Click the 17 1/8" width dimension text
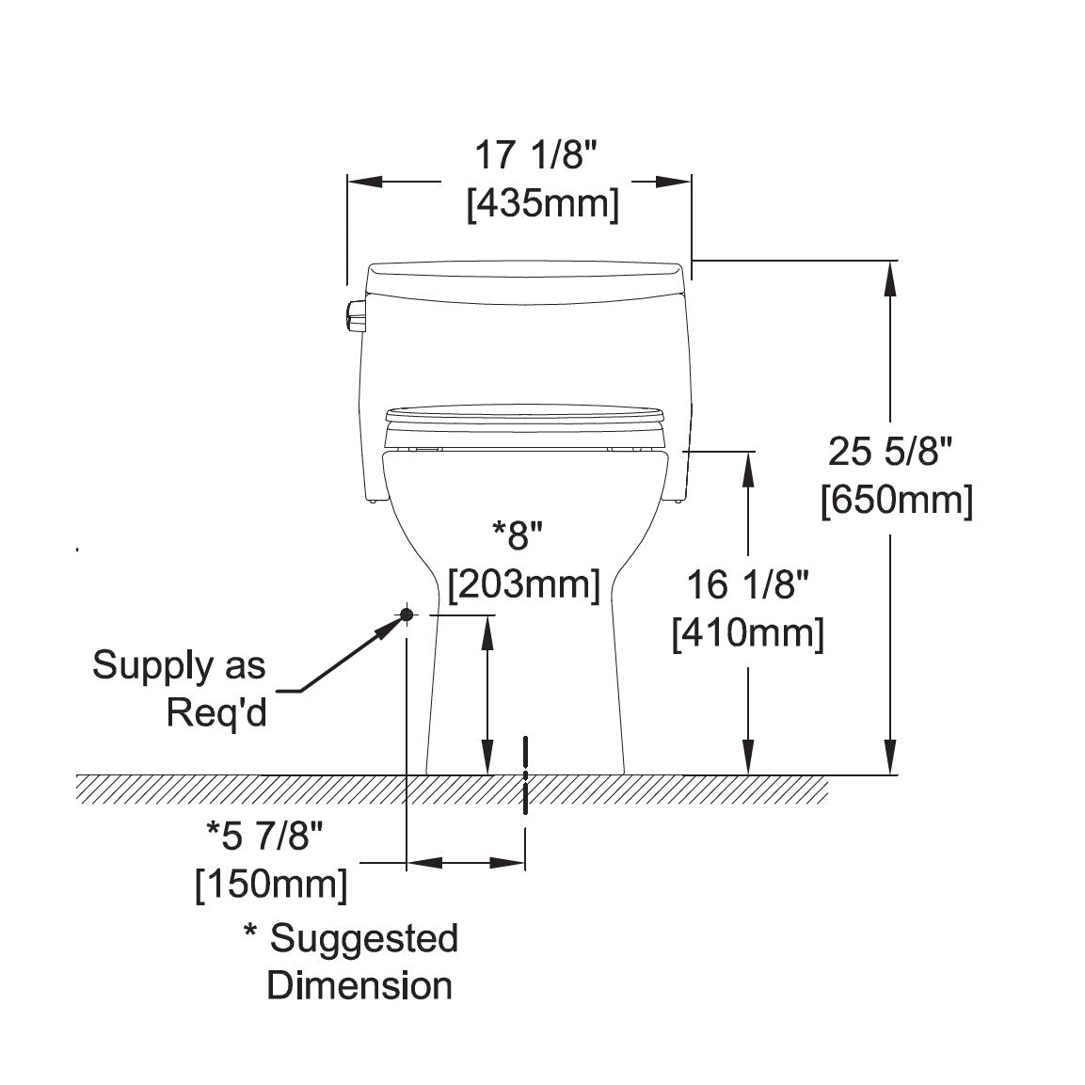coord(535,155)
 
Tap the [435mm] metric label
coord(543,205)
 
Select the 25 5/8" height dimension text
coord(890,453)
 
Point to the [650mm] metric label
coord(897,501)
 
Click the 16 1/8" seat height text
coord(747,584)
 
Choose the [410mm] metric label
coord(749,633)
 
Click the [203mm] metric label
coord(524,584)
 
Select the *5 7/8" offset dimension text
coord(265,836)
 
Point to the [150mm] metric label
coord(271,885)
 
